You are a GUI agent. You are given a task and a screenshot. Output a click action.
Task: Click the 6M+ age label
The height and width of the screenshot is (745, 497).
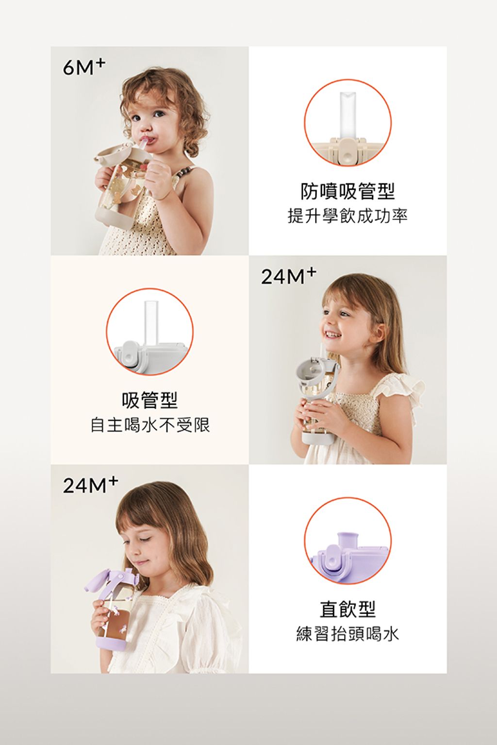pyautogui.click(x=84, y=68)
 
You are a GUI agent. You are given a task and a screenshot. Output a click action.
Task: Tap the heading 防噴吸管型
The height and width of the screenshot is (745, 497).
pyautogui.click(x=347, y=191)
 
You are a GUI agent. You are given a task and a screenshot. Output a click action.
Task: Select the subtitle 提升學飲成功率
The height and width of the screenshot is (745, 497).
pyautogui.click(x=347, y=216)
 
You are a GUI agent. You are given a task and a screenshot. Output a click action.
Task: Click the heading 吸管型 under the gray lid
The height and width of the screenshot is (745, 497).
pyautogui.click(x=149, y=400)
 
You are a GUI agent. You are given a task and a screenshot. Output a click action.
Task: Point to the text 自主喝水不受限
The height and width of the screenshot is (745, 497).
pyautogui.click(x=149, y=425)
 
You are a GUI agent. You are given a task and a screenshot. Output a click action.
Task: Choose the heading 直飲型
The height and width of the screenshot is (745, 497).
pyautogui.click(x=347, y=609)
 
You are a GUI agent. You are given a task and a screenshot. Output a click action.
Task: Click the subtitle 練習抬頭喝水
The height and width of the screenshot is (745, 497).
pyautogui.click(x=347, y=634)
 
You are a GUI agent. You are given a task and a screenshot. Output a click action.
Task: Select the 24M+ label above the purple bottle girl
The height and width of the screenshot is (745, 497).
pyautogui.click(x=90, y=485)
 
